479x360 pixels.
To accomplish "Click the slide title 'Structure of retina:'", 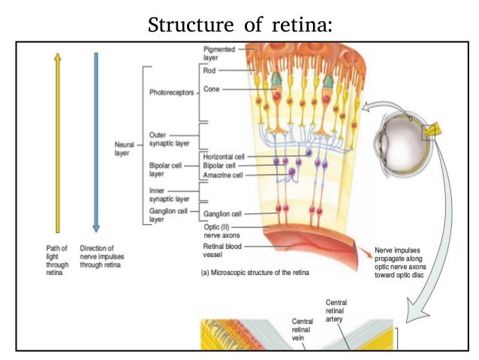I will coord(239,24).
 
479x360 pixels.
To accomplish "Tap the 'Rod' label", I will coord(209,70).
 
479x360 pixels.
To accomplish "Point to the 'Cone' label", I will coord(212,89).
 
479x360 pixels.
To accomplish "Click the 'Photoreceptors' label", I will coord(172,93).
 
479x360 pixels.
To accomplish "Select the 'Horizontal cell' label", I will coord(225,156).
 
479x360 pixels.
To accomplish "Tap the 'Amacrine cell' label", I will coord(223,174).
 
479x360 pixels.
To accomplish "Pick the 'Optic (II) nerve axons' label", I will coord(223,230).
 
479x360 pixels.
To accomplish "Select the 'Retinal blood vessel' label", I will coord(223,250).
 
